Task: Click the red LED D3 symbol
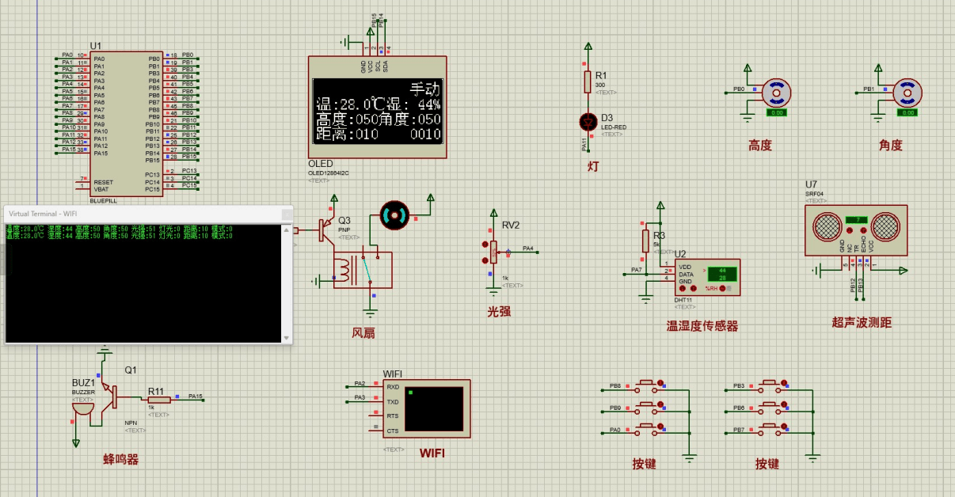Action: coord(588,121)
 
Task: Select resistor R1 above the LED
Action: coord(588,81)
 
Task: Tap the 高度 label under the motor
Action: coord(760,146)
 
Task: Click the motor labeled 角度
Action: coord(907,93)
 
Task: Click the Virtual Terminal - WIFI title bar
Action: coord(143,214)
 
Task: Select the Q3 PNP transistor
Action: coord(325,230)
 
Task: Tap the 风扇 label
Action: coord(363,333)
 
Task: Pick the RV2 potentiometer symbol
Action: coord(493,252)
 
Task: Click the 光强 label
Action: coord(499,312)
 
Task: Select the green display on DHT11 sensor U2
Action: coord(722,274)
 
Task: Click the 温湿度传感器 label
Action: coord(702,326)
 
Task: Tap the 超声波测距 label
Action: coord(862,323)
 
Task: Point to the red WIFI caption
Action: coord(432,453)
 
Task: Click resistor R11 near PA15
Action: coord(155,399)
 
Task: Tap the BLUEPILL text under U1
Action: coord(105,201)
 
